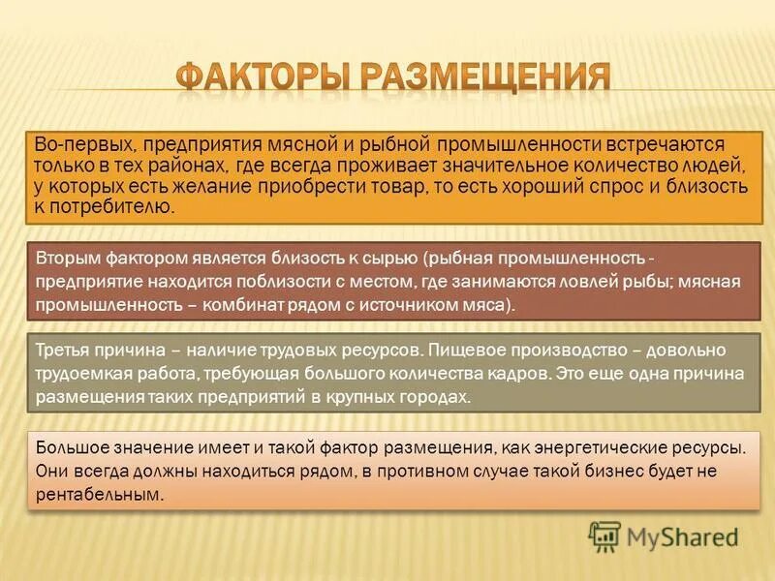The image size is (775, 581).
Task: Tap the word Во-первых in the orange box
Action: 71,144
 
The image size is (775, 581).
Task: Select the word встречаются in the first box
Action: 678,144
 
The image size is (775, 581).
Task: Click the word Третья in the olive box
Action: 62,350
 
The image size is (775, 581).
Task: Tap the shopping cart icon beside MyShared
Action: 604,535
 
